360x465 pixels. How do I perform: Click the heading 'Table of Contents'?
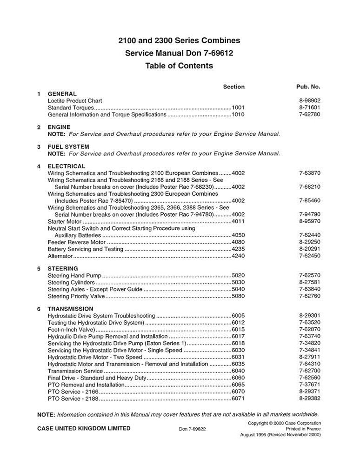point(179,66)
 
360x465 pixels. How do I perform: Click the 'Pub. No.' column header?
point(308,86)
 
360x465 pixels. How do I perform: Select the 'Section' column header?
point(233,86)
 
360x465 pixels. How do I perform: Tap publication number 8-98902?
point(310,100)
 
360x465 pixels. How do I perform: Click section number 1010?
point(238,114)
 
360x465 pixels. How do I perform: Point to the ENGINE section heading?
point(59,127)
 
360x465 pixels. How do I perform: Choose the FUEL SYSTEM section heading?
point(68,146)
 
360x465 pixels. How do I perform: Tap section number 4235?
point(238,249)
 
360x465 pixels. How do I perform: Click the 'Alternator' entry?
point(60,256)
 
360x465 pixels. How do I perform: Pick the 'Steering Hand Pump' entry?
point(74,275)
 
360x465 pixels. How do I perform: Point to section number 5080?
point(238,296)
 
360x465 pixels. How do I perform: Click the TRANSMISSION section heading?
point(70,309)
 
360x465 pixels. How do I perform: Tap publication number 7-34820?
point(310,343)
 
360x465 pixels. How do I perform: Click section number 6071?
point(238,399)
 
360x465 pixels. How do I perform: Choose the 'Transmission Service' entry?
point(75,371)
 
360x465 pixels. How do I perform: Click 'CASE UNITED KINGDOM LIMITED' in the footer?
point(84,428)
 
